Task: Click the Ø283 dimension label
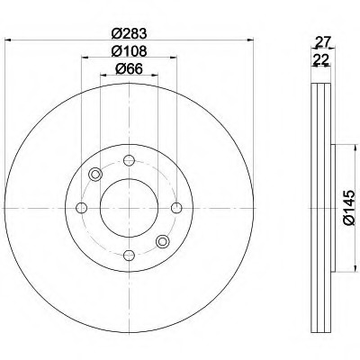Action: tap(129, 33)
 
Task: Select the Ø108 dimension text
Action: tap(129, 51)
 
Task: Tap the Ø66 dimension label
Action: tap(129, 69)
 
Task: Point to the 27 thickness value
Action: tap(322, 41)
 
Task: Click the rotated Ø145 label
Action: tap(349, 208)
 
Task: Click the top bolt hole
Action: tap(129, 160)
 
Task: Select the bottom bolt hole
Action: tap(129, 256)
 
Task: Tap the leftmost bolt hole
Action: tap(82, 208)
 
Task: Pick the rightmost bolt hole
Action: tap(176, 208)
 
